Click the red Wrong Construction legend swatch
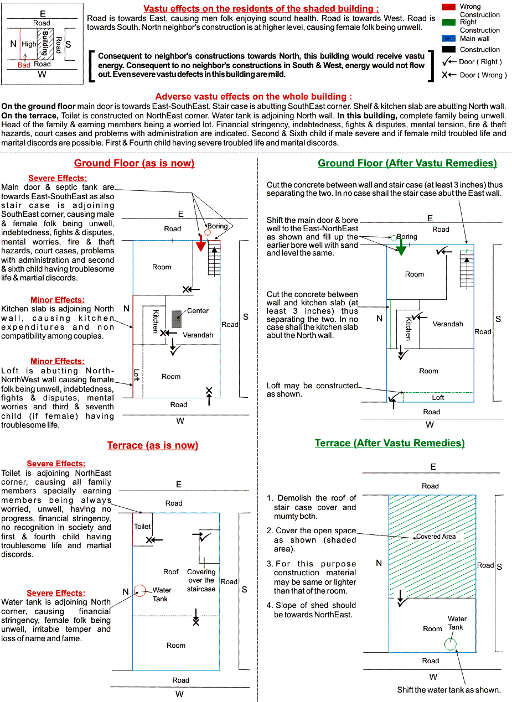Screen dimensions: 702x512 [x=449, y=7]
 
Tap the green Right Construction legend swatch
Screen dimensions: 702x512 [x=449, y=22]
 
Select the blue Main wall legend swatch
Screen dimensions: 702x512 [x=449, y=38]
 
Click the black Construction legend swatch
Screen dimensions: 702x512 [x=449, y=49]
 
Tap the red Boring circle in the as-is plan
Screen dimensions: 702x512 [x=208, y=232]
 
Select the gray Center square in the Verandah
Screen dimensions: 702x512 [x=177, y=319]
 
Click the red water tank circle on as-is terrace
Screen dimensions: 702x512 [x=140, y=591]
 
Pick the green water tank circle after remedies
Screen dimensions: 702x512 [x=451, y=643]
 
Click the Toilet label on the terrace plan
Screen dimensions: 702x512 [x=142, y=527]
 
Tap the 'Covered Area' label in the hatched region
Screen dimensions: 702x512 [x=436, y=537]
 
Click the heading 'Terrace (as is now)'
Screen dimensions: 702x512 [x=153, y=445]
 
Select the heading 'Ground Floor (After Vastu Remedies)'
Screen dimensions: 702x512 [x=407, y=163]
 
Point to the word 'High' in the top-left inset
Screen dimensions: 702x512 [x=29, y=44]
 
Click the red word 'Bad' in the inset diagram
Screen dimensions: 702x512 [x=24, y=65]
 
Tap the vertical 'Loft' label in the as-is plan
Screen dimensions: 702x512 [x=137, y=375]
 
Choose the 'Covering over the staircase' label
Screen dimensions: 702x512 [x=201, y=580]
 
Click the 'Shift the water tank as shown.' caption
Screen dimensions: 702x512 [x=448, y=690]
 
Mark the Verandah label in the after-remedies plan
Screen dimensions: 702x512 [x=447, y=324]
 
